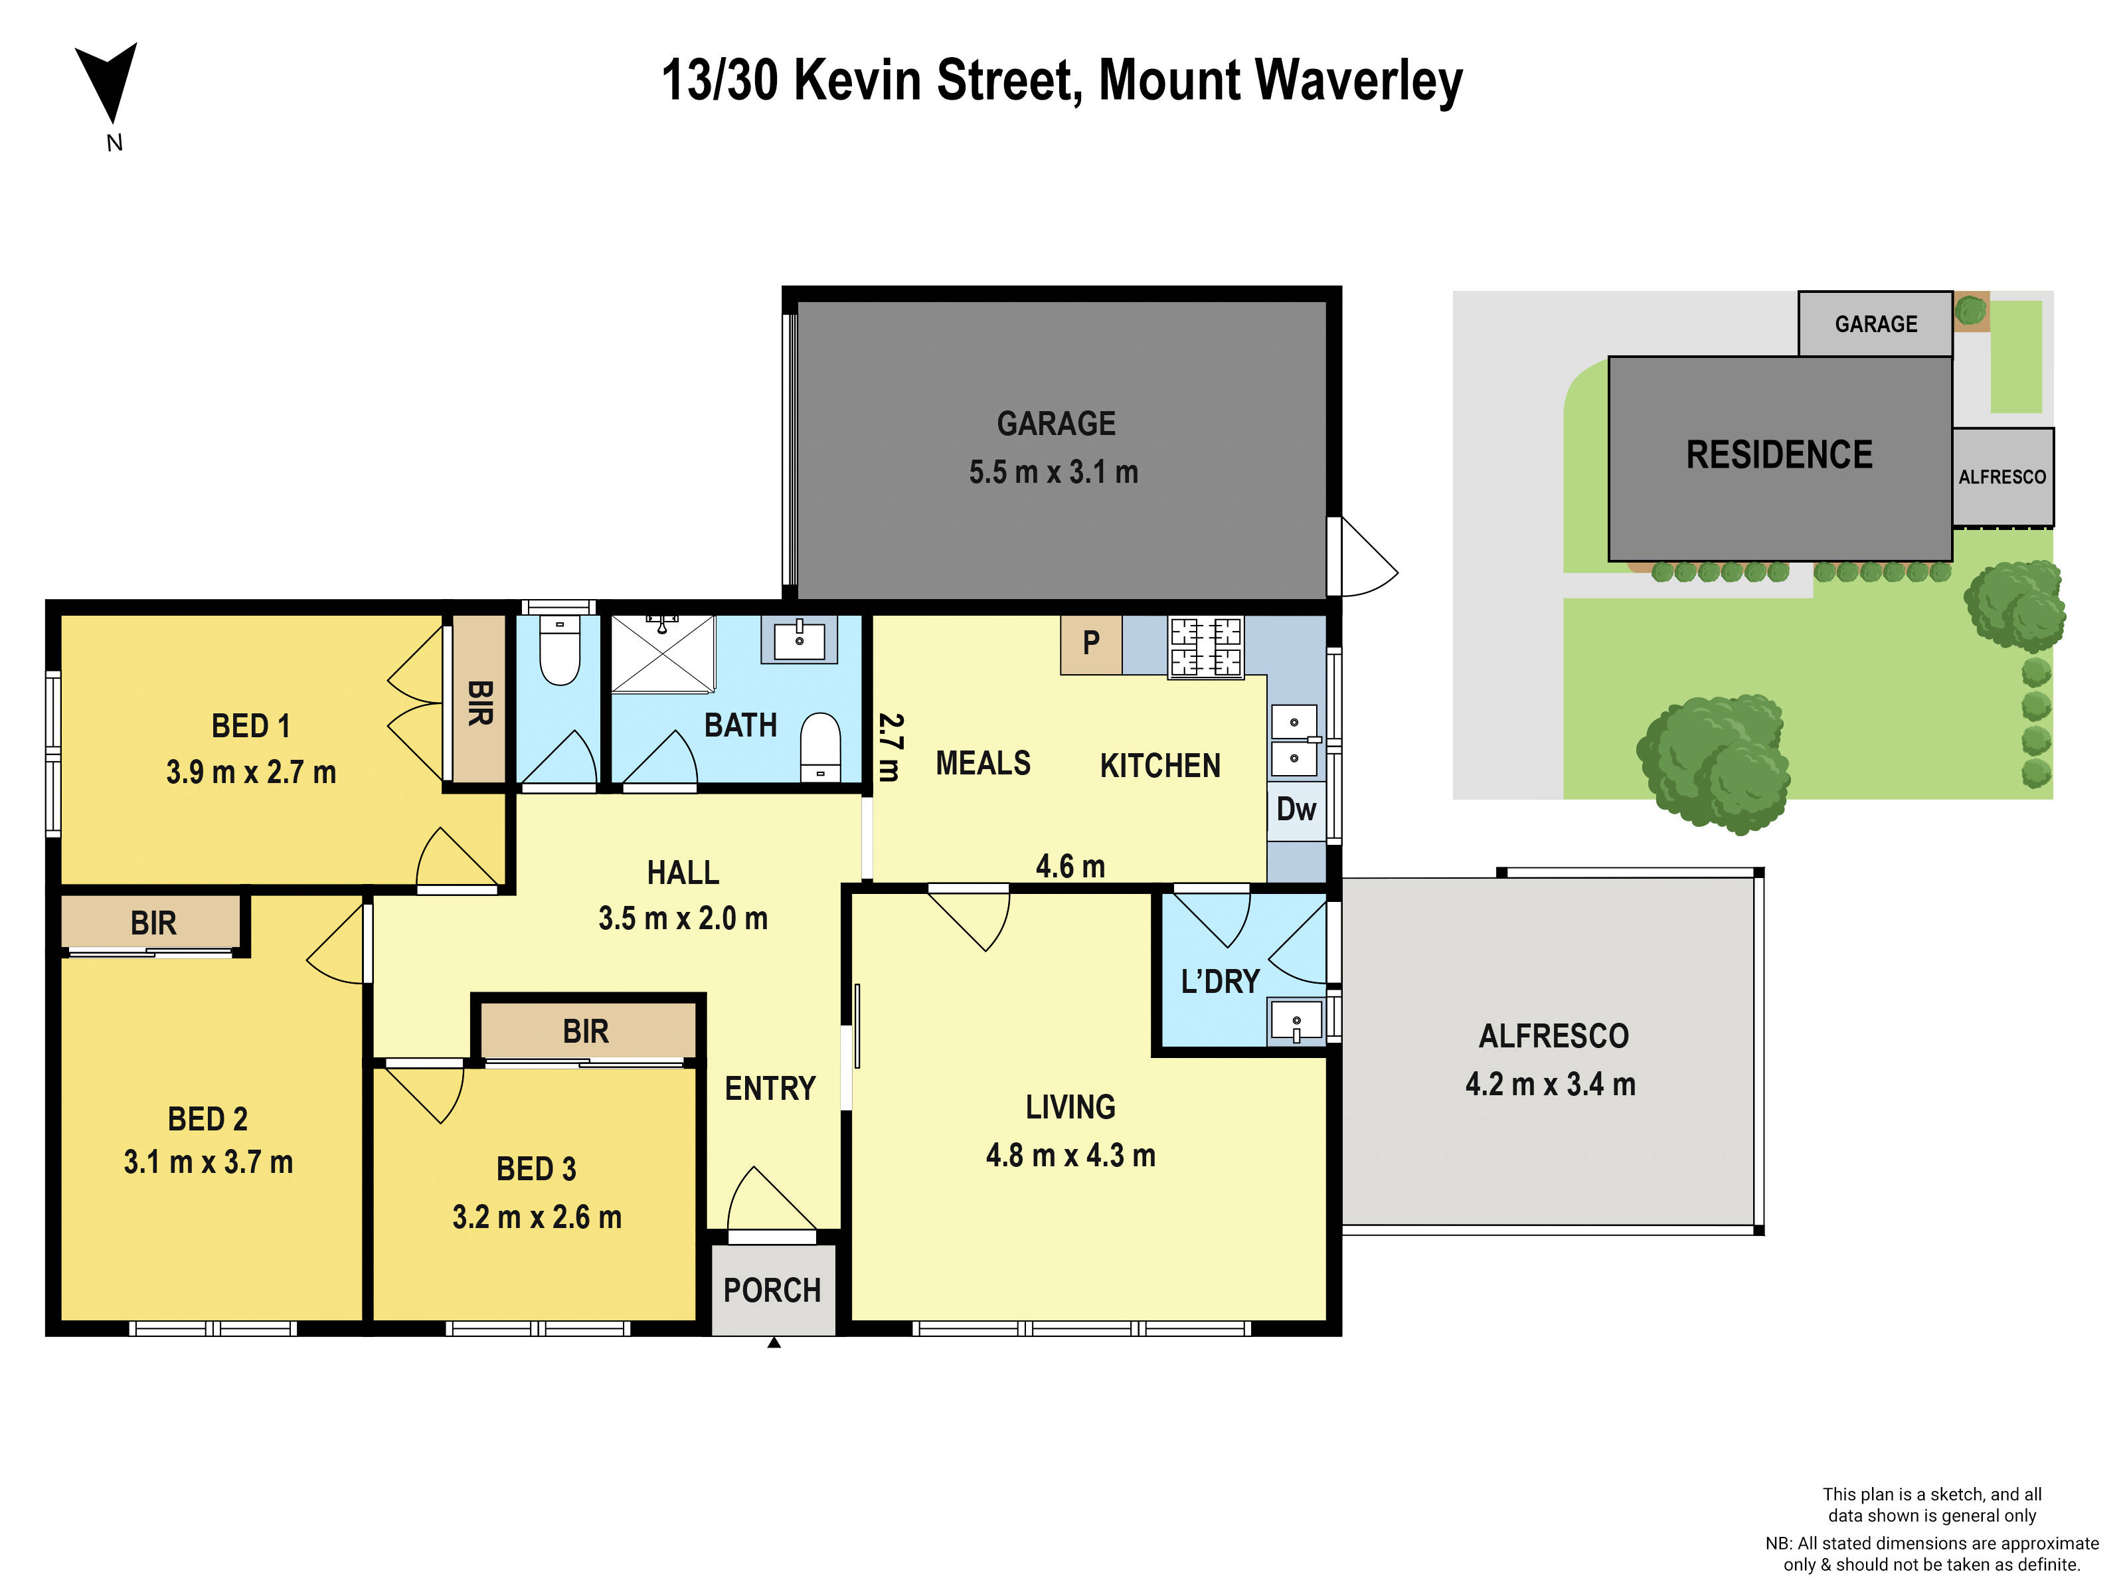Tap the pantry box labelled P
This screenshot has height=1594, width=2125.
(x=1090, y=644)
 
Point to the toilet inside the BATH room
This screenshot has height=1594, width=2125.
(x=820, y=746)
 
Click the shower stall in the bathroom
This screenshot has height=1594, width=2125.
(x=663, y=654)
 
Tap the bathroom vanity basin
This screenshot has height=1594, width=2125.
(x=798, y=639)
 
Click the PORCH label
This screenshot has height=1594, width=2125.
(x=772, y=1290)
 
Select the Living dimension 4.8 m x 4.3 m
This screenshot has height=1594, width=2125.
(x=1070, y=1155)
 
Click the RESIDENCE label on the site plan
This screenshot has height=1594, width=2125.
(x=1779, y=454)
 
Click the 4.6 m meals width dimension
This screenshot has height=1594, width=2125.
(x=1070, y=867)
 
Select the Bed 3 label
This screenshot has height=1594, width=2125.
(x=536, y=1170)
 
